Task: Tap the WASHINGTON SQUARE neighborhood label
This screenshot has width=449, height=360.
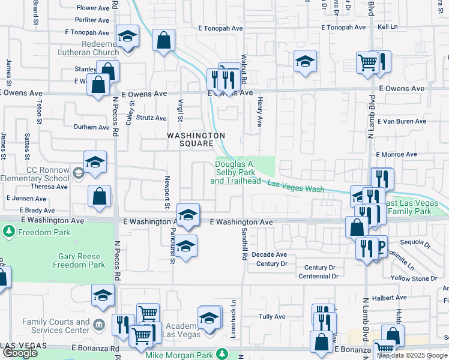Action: [196, 139]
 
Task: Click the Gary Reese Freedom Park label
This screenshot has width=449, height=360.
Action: [82, 260]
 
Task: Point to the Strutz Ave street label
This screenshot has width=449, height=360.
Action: [151, 118]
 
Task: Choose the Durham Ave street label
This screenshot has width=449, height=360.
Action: [91, 127]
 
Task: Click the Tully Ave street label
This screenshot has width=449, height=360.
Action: [271, 316]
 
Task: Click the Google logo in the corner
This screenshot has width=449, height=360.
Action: [20, 353]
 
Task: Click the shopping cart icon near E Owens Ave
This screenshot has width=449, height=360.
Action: [367, 61]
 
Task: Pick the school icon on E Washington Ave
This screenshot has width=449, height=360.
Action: [188, 214]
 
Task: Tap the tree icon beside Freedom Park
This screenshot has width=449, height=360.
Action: [8, 231]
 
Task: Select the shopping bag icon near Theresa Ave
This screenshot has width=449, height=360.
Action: [100, 196]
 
